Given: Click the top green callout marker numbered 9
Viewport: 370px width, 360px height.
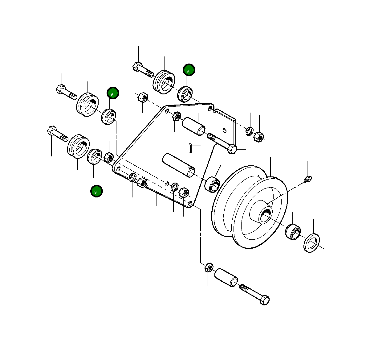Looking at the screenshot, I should point(189,70).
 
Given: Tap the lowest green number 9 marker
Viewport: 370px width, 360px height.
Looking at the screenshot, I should point(96,191).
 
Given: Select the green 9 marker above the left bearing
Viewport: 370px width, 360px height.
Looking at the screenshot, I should point(113,93).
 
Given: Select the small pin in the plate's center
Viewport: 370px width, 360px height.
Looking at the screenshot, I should point(190,147).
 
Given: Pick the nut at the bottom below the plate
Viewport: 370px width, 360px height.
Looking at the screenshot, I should point(209,267).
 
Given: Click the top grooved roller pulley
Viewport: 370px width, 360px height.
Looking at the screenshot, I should point(164,81).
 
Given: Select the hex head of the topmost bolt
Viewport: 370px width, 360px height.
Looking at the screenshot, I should point(137,66).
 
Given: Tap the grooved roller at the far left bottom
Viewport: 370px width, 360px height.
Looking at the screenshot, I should point(78,146).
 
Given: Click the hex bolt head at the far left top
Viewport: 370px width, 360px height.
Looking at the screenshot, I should point(60,89).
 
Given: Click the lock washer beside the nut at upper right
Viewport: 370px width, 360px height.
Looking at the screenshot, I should point(250,131).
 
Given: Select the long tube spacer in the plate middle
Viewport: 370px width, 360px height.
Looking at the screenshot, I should point(179,165).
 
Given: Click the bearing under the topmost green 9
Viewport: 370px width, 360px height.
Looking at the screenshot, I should point(185,94).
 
